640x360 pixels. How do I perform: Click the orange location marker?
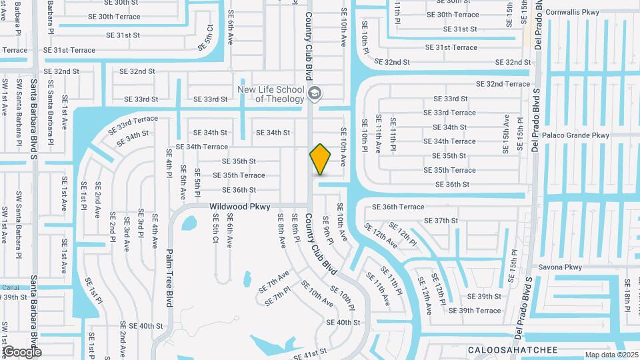pos(320,159)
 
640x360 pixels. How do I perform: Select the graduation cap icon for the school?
pos(315,94)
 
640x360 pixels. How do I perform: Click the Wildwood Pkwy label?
pos(240,207)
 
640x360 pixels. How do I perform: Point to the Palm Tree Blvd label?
pos(169,278)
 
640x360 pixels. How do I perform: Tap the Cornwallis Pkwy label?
pos(571,12)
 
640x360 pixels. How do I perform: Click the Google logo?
pos(21,351)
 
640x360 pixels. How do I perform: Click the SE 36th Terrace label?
pos(397,207)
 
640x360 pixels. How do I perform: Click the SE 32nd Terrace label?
pos(503,84)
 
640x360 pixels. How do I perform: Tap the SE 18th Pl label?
pos(628,296)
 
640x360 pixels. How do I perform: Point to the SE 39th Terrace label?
pos(475,311)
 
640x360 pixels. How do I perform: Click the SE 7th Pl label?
pos(278,297)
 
